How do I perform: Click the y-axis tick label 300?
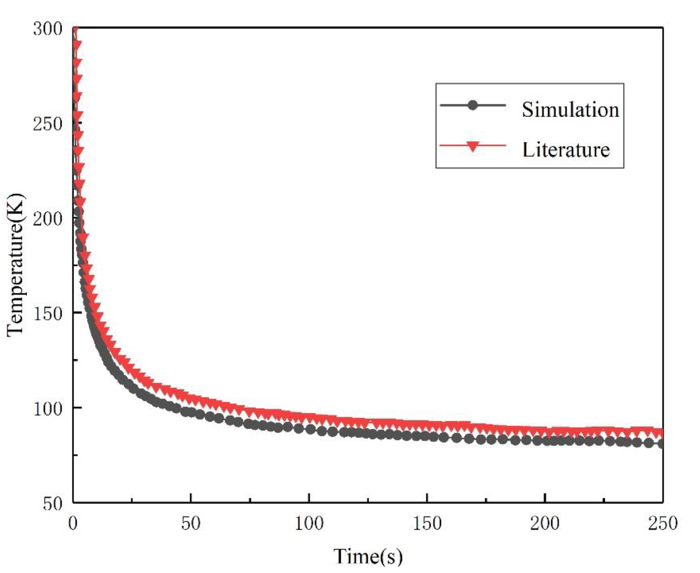click(x=48, y=29)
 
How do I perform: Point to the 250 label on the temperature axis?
click(x=48, y=124)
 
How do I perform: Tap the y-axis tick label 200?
click(x=48, y=218)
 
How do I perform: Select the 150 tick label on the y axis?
click(x=48, y=313)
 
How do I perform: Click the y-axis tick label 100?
click(x=48, y=408)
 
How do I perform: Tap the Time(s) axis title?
click(x=368, y=556)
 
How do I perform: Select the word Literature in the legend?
click(x=566, y=149)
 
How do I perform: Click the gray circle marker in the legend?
click(x=473, y=105)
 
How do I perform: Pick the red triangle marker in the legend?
click(x=473, y=146)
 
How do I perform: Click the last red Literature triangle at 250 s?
click(x=659, y=433)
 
